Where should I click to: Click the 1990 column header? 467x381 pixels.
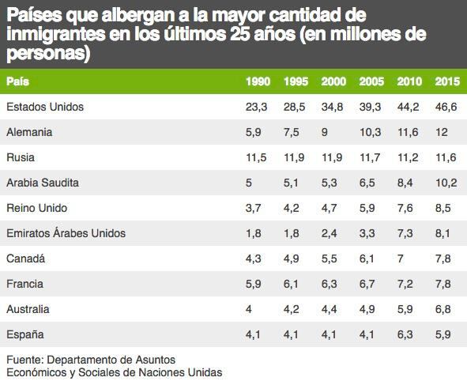[258, 81]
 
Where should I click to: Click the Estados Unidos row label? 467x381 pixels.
[44, 106]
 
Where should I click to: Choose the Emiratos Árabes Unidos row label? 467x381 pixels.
[66, 233]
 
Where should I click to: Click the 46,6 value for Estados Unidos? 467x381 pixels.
[446, 106]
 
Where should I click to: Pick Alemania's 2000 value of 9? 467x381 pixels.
[325, 132]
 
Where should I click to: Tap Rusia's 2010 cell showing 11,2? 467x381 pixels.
[409, 157]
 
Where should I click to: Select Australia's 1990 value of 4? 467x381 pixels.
[249, 309]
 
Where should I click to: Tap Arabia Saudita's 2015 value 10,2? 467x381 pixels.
[446, 183]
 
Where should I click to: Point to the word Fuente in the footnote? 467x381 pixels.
[24, 360]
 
